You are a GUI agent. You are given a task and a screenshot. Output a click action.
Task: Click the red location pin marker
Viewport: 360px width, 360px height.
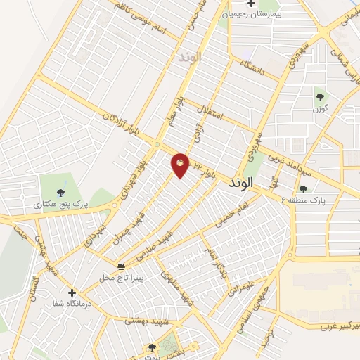pyautogui.click(x=180, y=165)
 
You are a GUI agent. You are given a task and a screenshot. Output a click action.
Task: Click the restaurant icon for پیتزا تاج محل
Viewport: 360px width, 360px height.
pyautogui.click(x=122, y=267)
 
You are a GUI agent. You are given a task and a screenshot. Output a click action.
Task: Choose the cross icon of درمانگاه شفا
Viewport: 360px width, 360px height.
pyautogui.click(x=71, y=292)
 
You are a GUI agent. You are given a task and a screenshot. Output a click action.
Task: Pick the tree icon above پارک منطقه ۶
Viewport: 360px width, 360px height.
pyautogui.click(x=303, y=188)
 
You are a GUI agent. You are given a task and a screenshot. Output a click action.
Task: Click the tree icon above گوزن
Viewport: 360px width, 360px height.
pyautogui.click(x=320, y=97)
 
